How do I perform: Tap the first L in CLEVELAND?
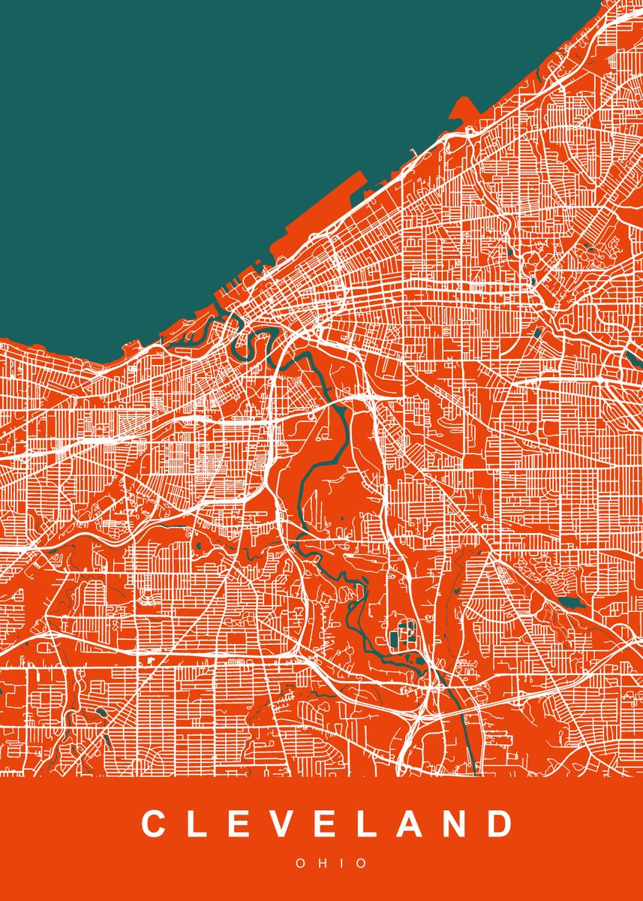[199, 824]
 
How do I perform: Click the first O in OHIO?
[300, 863]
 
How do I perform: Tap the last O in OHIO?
[362, 863]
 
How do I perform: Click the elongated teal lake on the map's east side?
[572, 602]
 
